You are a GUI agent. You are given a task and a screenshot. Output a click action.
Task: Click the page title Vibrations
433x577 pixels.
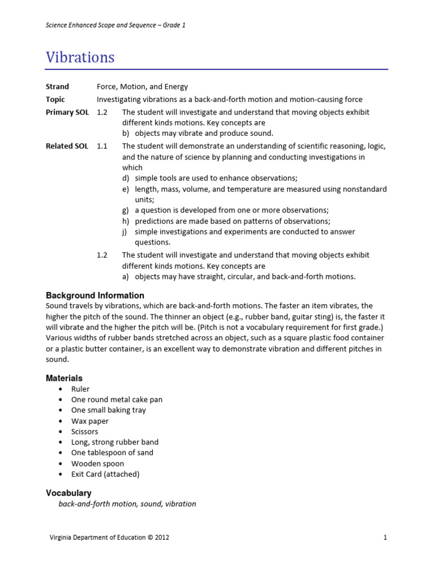point(80,57)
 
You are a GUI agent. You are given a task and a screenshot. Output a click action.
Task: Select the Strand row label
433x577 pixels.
point(57,87)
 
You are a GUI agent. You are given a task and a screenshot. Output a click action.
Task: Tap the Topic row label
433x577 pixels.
point(55,99)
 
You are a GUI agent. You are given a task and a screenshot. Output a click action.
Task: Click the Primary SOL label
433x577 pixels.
point(67,112)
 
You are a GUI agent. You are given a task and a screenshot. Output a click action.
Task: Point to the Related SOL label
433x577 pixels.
point(67,146)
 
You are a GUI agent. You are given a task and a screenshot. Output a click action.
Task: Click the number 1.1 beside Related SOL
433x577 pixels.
point(102,146)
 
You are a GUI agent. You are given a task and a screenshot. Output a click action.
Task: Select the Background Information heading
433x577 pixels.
point(95,295)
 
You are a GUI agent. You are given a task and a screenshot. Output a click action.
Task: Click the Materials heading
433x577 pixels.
point(64,378)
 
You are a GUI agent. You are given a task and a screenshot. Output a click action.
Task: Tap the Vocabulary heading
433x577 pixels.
point(68,493)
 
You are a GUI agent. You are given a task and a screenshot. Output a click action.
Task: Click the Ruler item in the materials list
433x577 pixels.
point(80,389)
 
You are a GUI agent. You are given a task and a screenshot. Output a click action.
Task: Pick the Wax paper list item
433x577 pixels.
point(90,421)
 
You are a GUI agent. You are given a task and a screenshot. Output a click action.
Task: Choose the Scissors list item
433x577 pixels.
point(85,432)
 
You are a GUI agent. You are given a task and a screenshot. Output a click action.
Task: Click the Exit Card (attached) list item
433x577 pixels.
point(105,474)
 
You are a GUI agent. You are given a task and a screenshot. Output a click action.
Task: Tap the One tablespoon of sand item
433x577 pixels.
point(112,452)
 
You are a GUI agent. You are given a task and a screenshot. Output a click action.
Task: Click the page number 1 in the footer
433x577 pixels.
point(385,538)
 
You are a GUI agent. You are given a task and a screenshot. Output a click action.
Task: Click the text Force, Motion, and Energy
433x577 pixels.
point(142,87)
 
